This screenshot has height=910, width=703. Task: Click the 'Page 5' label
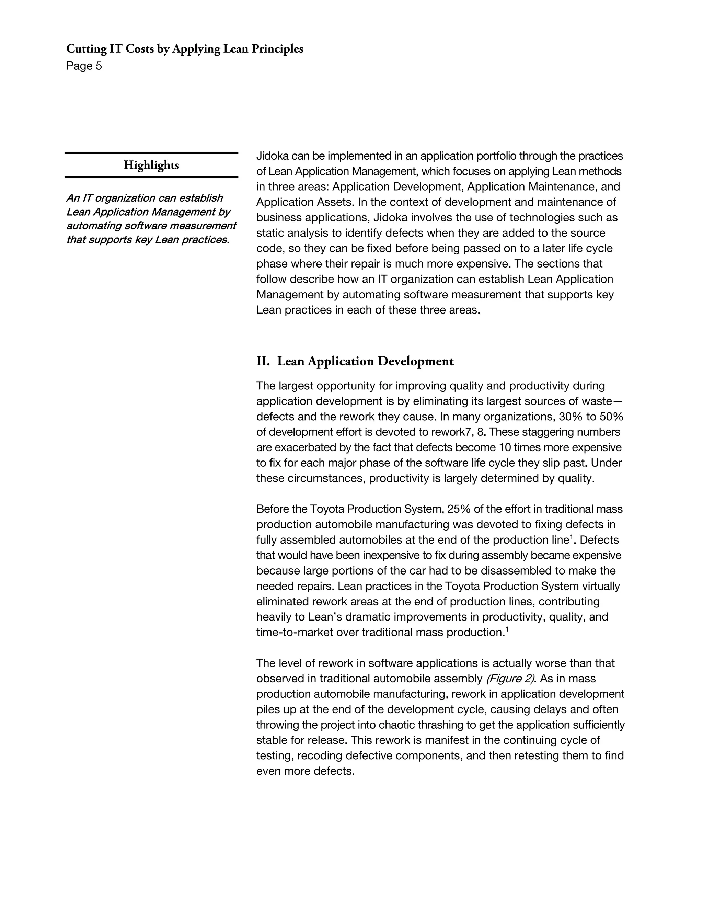pos(84,66)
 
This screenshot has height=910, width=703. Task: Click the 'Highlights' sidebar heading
pos(151,166)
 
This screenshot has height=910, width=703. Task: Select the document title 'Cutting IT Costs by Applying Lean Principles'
pos(184,49)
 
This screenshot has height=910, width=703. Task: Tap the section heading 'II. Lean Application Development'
pos(355,361)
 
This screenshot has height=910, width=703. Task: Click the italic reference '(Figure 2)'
pos(510,679)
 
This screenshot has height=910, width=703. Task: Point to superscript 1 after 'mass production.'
pos(507,629)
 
